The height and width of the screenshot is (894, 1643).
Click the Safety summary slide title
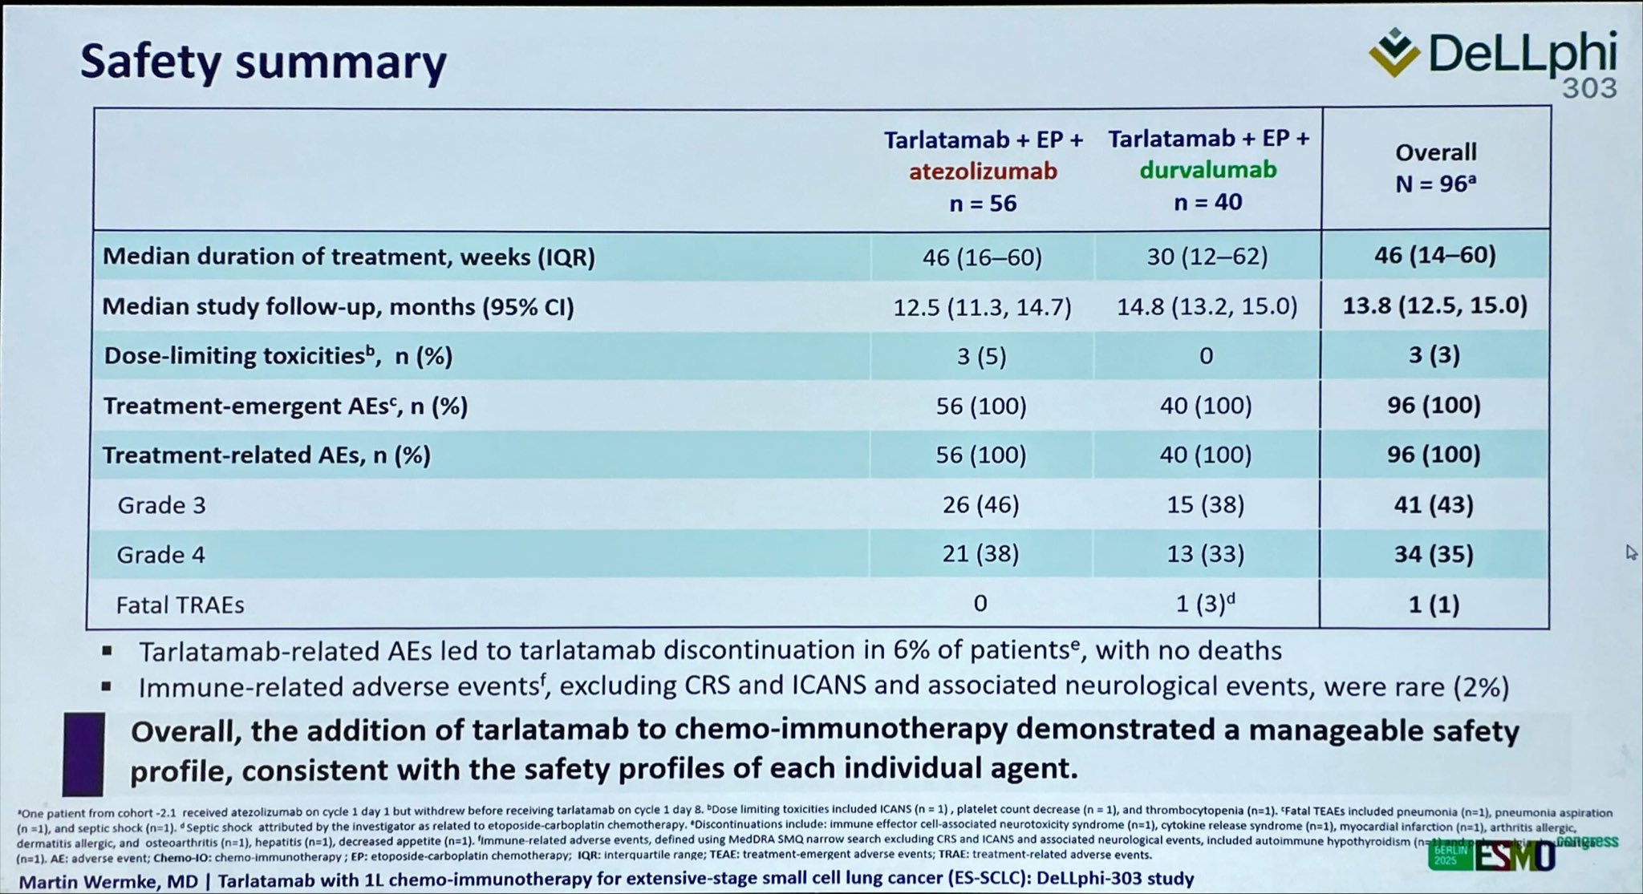click(263, 63)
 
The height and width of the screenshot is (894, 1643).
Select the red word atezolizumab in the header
click(983, 171)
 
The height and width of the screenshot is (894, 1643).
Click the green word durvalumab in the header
click(1207, 170)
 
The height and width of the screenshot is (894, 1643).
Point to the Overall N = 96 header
click(1435, 168)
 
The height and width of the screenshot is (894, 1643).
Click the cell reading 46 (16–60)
click(982, 257)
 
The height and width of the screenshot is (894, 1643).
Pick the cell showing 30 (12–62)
click(1207, 257)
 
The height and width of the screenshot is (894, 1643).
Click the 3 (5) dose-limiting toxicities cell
click(981, 356)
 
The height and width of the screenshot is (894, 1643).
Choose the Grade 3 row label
click(161, 505)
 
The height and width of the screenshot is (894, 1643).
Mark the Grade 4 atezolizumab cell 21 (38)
click(980, 554)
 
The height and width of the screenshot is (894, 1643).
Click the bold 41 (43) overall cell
click(1434, 505)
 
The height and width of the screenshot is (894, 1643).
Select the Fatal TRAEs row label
click(180, 605)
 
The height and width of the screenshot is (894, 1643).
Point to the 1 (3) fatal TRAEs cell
click(1204, 604)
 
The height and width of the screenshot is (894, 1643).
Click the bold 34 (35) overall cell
click(1434, 554)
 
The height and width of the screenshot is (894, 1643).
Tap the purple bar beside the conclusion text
click(83, 753)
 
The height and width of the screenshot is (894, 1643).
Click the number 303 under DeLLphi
click(1588, 87)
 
